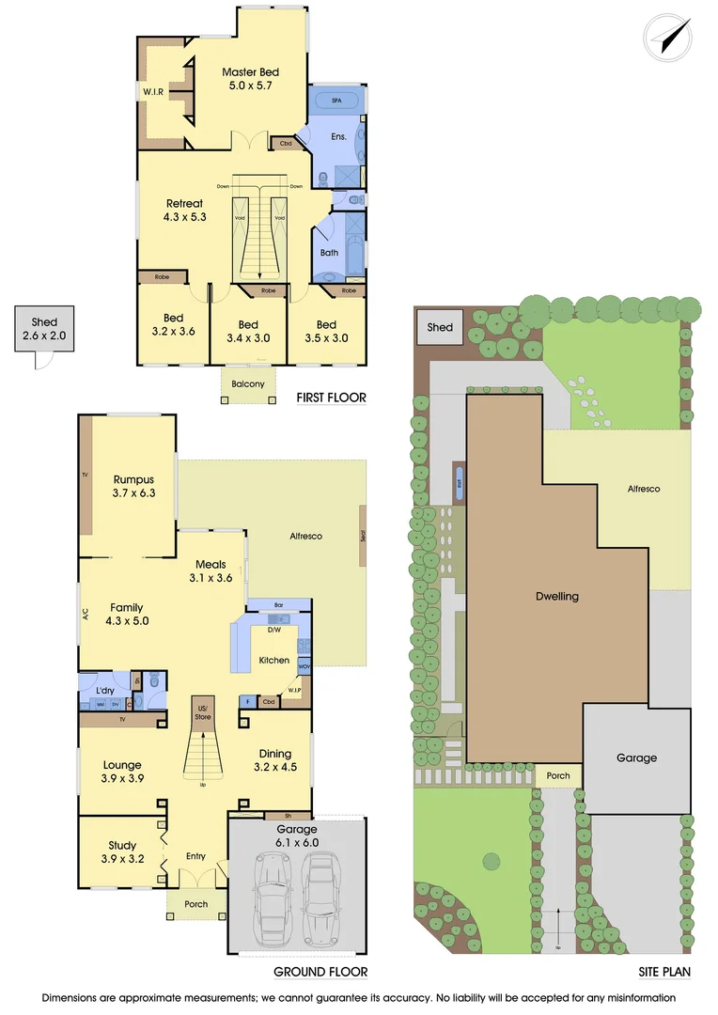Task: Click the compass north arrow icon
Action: [x=671, y=37]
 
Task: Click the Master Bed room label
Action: [x=250, y=79]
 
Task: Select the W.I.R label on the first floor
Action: [x=154, y=92]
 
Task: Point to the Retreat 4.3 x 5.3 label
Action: [x=184, y=210]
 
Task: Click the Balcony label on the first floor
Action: [x=248, y=383]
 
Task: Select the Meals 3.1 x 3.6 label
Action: [x=211, y=570]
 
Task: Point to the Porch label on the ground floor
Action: [x=195, y=904]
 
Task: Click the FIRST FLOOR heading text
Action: [x=331, y=398]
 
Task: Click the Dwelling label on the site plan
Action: [x=556, y=596]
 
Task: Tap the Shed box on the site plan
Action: [x=440, y=328]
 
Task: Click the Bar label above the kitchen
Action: [x=278, y=604]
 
